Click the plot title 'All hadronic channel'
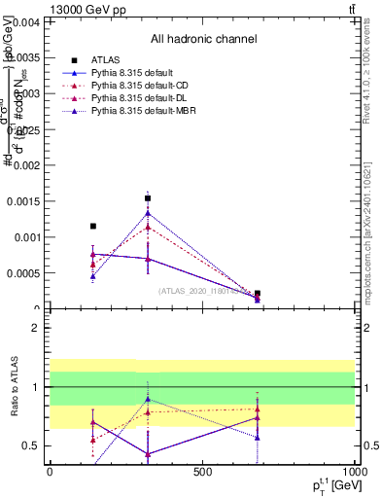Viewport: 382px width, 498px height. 203,40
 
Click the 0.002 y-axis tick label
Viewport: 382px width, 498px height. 24,165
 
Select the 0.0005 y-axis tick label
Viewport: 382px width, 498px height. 22,273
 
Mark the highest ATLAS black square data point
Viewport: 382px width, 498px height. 148,198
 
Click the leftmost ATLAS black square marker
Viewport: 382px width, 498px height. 93,226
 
